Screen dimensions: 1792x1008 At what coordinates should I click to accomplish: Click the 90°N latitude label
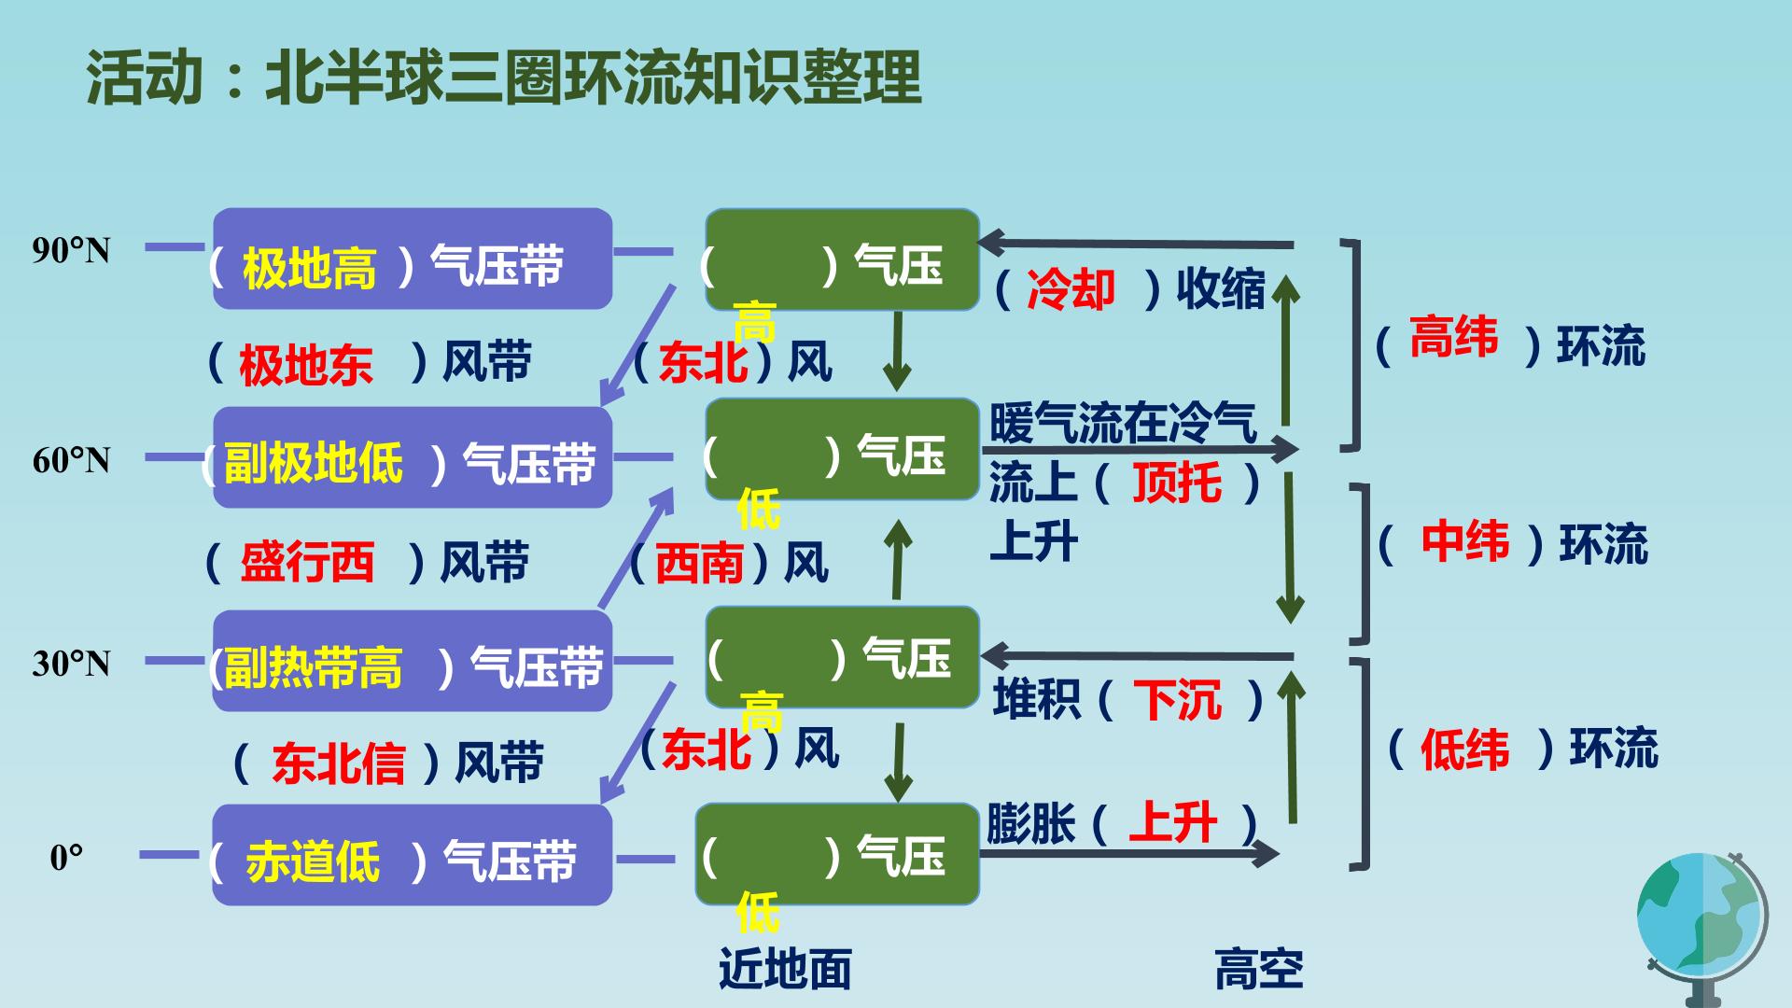(71, 250)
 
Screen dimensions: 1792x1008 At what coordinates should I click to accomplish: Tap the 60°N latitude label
(71, 460)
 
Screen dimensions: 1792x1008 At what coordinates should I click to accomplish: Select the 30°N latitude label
(71, 664)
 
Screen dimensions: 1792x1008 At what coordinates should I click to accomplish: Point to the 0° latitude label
(66, 858)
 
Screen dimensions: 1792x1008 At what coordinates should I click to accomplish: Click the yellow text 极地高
(309, 269)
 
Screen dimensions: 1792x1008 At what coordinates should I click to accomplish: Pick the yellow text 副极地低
(314, 462)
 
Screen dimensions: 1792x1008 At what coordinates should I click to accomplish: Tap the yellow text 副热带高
(314, 667)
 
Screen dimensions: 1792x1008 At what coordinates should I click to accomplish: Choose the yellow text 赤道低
(313, 861)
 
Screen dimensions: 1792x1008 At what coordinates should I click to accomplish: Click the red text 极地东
(306, 365)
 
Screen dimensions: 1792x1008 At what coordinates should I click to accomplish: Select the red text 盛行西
(307, 563)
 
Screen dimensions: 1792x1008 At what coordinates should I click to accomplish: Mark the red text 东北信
(338, 763)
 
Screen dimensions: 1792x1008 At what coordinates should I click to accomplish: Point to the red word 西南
(700, 564)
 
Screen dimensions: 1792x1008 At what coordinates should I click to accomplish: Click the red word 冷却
(1071, 289)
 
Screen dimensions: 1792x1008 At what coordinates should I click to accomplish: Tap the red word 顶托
(1177, 483)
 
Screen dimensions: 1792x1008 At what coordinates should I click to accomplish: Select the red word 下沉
(1177, 700)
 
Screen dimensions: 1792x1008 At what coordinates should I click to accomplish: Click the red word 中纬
(1464, 541)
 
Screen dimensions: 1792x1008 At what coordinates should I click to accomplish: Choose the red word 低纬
(1464, 749)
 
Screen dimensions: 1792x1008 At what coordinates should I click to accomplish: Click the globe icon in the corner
(1701, 929)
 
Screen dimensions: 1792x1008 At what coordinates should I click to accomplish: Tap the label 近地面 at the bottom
(785, 969)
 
